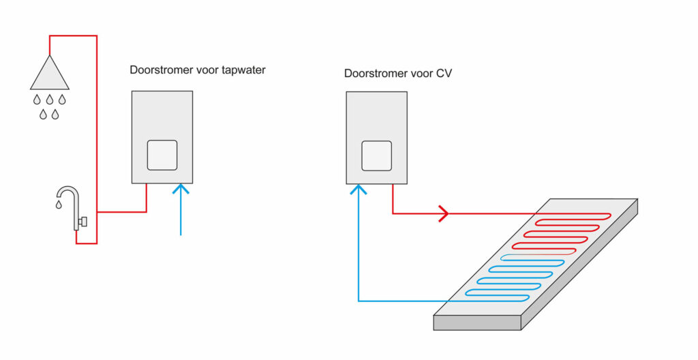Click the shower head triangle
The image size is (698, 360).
coord(49,74)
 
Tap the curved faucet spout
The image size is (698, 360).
coord(68,192)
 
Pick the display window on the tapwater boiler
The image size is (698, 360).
coord(162,155)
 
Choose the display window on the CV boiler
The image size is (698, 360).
coord(376,155)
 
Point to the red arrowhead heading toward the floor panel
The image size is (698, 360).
coord(443,213)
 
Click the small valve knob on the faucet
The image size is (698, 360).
coord(82,221)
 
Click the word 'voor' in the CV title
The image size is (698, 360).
coord(418,73)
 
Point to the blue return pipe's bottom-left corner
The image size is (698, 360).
coord(359,301)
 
